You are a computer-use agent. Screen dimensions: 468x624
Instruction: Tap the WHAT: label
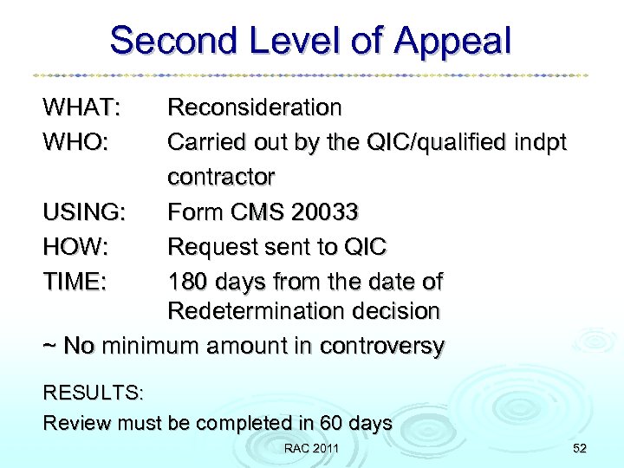coord(81,108)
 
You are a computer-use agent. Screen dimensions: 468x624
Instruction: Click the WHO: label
coord(75,141)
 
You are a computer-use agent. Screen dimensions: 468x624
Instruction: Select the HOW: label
coord(75,247)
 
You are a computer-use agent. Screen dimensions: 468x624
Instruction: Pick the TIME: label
coord(75,282)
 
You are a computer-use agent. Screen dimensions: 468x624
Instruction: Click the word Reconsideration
coord(255,108)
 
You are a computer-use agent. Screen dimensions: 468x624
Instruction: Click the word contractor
coord(221,177)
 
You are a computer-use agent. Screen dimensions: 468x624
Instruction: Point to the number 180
coord(187,282)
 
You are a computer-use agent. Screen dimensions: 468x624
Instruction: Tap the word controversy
coord(381,347)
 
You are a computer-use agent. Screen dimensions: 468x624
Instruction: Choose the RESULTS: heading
coord(94,393)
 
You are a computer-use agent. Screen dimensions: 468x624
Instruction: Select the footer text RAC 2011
coord(311,448)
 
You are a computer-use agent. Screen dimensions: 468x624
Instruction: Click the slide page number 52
coord(579,448)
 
